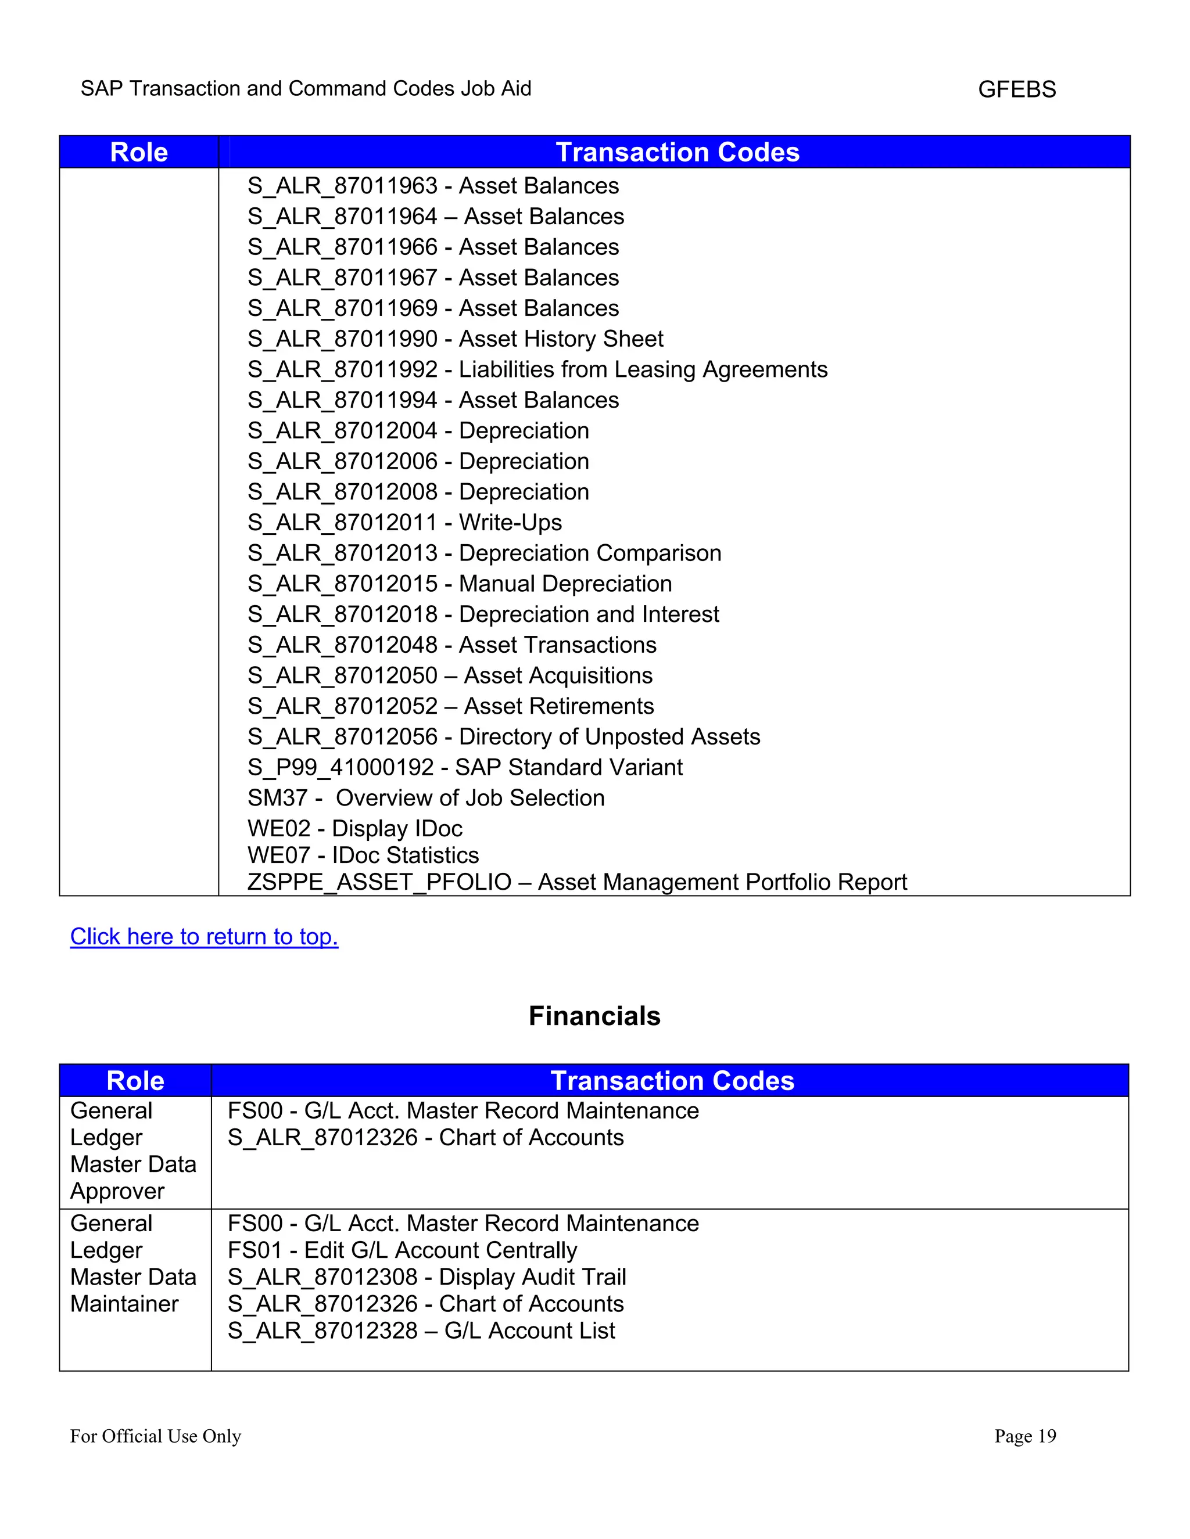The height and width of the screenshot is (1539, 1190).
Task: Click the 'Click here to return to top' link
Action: coord(204,937)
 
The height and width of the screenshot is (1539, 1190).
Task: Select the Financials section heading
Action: coord(594,1016)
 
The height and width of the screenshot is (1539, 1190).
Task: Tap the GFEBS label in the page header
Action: coord(1017,89)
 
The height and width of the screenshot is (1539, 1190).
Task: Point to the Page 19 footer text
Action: coord(1025,1436)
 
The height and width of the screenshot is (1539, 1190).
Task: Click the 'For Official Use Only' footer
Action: coord(155,1436)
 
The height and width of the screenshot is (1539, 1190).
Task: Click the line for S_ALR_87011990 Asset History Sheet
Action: coord(455,339)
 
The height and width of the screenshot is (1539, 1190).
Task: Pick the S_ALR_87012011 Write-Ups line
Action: coord(404,522)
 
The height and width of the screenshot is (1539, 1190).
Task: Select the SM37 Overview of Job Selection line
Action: coord(426,798)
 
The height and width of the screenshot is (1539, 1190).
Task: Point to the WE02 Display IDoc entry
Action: coord(354,828)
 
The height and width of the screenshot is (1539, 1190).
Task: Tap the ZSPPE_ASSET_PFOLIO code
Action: coord(379,882)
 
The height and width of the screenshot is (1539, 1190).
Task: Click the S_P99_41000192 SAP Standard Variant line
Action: coord(465,767)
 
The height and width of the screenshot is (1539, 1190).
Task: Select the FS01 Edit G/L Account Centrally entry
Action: coord(402,1250)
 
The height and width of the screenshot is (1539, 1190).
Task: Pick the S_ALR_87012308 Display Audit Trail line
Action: coord(426,1277)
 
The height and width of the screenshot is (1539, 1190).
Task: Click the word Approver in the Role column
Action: coord(117,1191)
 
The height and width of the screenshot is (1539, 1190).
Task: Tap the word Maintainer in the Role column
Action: coord(124,1304)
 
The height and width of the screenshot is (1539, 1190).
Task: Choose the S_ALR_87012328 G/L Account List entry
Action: coord(421,1331)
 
